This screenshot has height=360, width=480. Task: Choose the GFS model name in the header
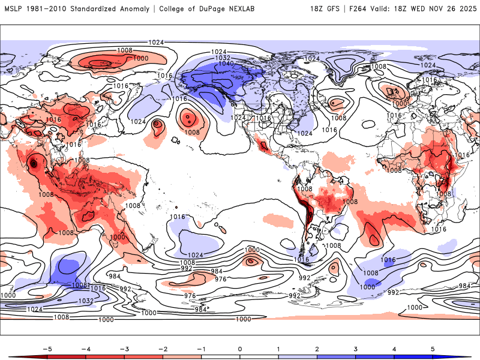pos(335,9)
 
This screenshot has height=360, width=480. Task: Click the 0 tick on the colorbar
pos(239,348)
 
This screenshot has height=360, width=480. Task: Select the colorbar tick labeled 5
pos(433,348)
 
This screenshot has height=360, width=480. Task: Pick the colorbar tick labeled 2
pos(317,348)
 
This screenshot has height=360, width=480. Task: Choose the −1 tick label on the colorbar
pos(200,348)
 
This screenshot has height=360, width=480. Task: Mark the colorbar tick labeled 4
pos(394,348)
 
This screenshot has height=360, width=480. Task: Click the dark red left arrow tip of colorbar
pos(10,356)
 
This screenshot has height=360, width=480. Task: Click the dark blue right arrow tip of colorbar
pos(469,356)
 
